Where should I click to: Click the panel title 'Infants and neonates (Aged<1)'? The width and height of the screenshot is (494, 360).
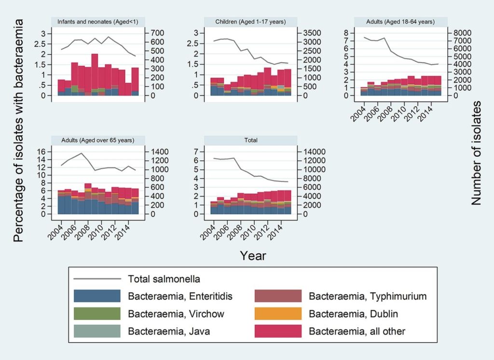tap(99, 22)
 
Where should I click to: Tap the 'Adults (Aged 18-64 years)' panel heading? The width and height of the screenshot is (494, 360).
tap(401, 22)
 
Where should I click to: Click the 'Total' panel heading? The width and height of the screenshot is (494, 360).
tap(251, 140)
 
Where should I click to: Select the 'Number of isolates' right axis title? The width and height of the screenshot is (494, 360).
tap(477, 153)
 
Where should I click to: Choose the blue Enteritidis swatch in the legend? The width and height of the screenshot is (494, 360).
tap(97, 296)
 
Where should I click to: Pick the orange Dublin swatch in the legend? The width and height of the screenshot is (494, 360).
tap(277, 314)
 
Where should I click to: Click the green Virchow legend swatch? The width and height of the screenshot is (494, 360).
tap(97, 314)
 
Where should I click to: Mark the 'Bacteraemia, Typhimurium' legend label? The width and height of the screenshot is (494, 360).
tap(368, 296)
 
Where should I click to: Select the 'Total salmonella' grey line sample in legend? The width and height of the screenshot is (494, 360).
tap(97, 279)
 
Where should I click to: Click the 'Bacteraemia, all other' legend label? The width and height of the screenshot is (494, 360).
tap(357, 331)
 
